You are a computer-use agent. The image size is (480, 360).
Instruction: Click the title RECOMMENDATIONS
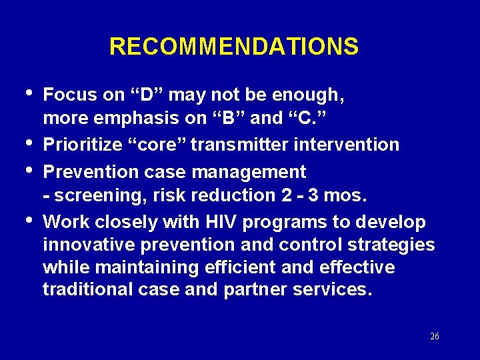click(x=234, y=47)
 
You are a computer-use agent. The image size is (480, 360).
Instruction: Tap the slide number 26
click(x=434, y=337)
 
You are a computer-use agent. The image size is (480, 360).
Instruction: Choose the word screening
click(x=93, y=196)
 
